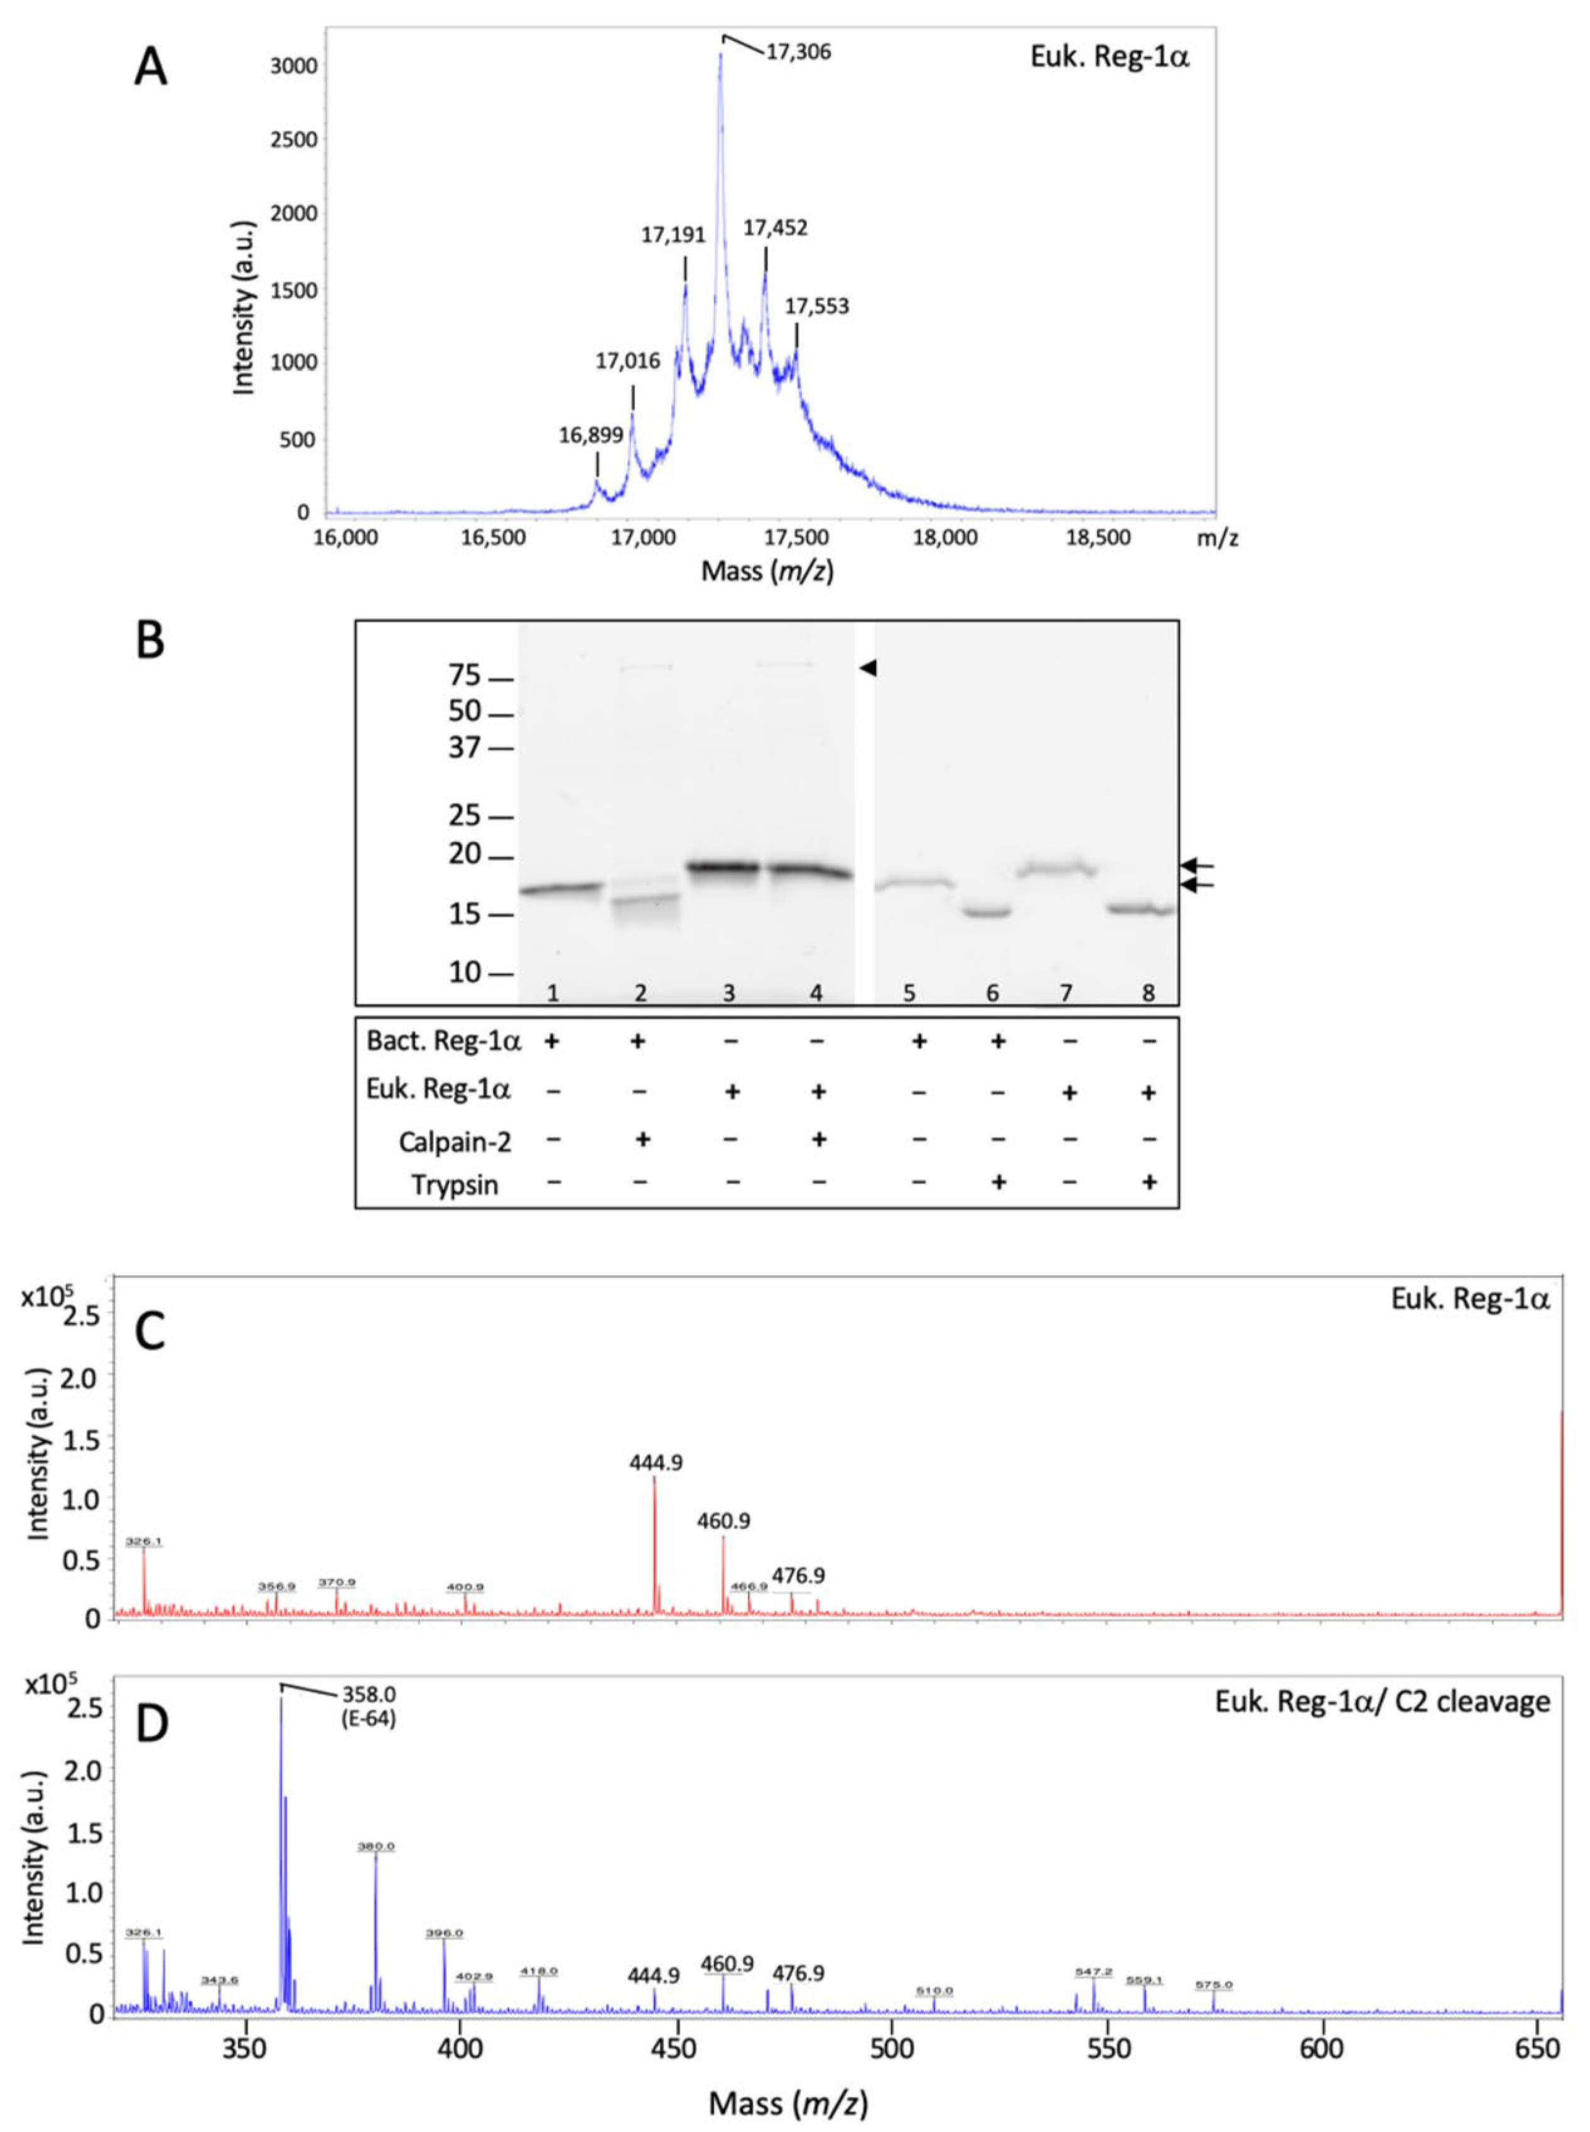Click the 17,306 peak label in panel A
[x=798, y=52]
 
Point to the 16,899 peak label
[x=591, y=435]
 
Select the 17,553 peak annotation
[x=817, y=307]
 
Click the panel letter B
[x=151, y=641]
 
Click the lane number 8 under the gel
[x=1148, y=992]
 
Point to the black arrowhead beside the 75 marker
[x=868, y=667]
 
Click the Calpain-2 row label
[x=455, y=1142]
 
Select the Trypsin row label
[x=455, y=1185]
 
